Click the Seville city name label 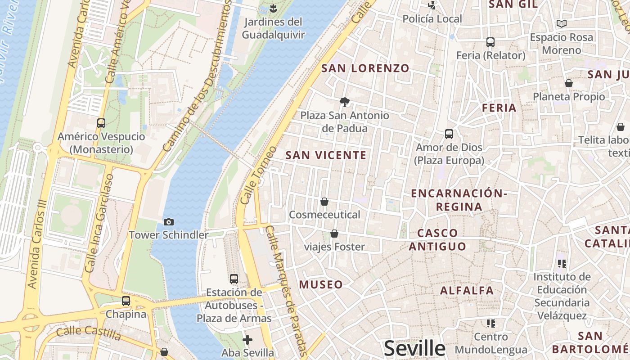click(x=414, y=348)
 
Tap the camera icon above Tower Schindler click(x=169, y=222)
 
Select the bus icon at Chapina click(x=126, y=301)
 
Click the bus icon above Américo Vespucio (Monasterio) click(x=101, y=123)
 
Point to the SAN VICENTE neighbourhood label click(x=326, y=155)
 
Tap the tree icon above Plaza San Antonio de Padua click(x=345, y=102)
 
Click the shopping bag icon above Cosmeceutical click(x=324, y=202)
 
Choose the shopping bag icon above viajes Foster click(x=334, y=234)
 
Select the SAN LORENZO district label click(x=365, y=68)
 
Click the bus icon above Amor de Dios click(x=449, y=134)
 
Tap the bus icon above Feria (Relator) click(x=490, y=42)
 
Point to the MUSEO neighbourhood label click(x=321, y=284)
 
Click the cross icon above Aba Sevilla click(x=247, y=339)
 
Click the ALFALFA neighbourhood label click(x=467, y=290)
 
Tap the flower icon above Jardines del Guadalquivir click(x=273, y=8)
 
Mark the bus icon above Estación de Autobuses click(x=234, y=279)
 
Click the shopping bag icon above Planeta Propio click(x=569, y=83)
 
